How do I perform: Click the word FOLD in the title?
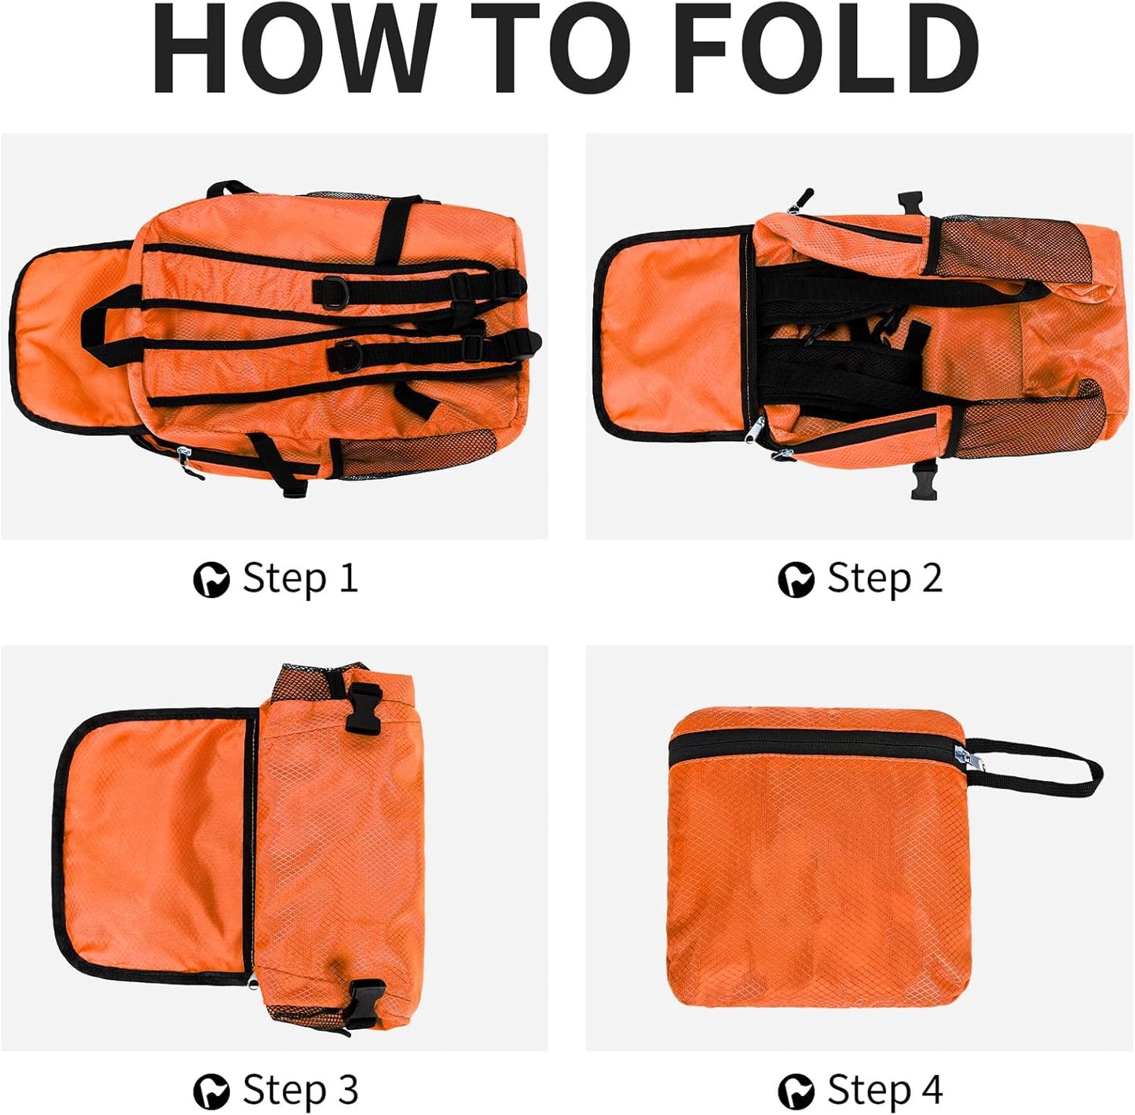825,49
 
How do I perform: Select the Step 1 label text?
300,578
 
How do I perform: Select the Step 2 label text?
884,578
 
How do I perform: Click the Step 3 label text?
300,1090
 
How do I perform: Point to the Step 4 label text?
884,1090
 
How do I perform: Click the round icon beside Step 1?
211,580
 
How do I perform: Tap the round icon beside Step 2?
796,580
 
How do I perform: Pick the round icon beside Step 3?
211,1091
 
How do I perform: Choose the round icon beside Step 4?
796,1091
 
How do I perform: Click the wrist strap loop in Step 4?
1037,766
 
